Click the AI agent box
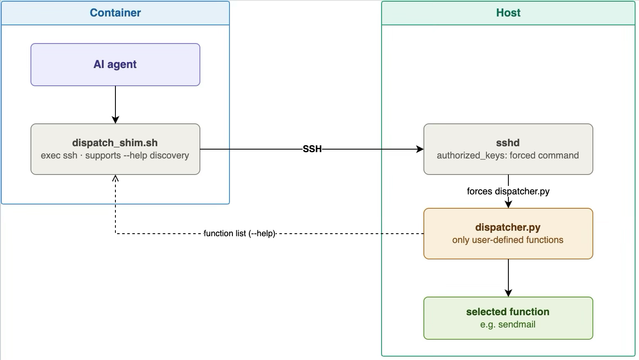pyautogui.click(x=115, y=64)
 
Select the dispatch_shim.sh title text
pyautogui.click(x=115, y=143)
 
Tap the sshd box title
pyautogui.click(x=508, y=143)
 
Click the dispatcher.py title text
pyautogui.click(x=508, y=227)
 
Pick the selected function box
pyautogui.click(x=508, y=318)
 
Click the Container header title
pyautogui.click(x=115, y=13)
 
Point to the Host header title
pyautogui.click(x=508, y=13)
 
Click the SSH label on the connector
pyautogui.click(x=312, y=149)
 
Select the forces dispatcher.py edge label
pyautogui.click(x=508, y=191)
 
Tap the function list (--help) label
pyautogui.click(x=240, y=234)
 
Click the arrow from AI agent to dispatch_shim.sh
pyautogui.click(x=115, y=104)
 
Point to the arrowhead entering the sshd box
pyautogui.click(x=420, y=149)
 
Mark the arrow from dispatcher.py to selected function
pyautogui.click(x=508, y=278)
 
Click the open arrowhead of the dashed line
pyautogui.click(x=115, y=178)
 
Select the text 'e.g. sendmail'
pyautogui.click(x=508, y=325)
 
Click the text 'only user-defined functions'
pyautogui.click(x=508, y=240)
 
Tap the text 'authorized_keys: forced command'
pyautogui.click(x=508, y=155)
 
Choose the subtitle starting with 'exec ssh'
pyautogui.click(x=115, y=155)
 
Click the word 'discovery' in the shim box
pyautogui.click(x=170, y=155)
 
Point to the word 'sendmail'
pyautogui.click(x=517, y=325)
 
